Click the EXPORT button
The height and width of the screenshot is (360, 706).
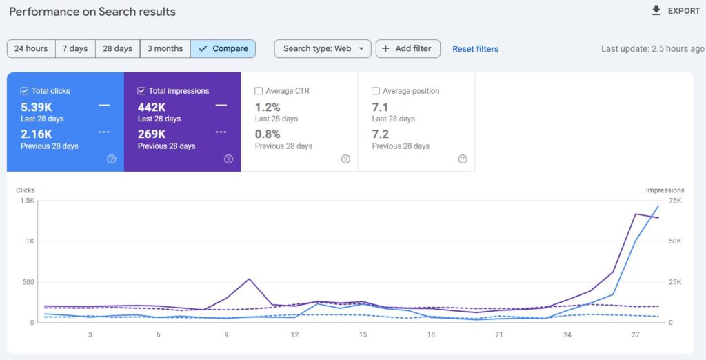(676, 11)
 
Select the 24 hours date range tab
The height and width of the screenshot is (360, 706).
(31, 48)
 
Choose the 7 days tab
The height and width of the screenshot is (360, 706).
(75, 48)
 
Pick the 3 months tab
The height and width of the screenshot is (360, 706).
(165, 48)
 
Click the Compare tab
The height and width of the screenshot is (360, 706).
(223, 48)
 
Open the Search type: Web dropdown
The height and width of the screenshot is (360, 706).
(323, 48)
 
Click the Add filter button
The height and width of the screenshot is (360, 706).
(407, 48)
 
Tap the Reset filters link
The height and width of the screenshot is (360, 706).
(475, 49)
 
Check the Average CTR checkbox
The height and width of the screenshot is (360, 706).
(259, 91)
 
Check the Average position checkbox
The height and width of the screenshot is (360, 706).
(376, 91)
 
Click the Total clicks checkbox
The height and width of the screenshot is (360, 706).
(25, 91)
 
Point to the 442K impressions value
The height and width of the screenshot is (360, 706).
(152, 107)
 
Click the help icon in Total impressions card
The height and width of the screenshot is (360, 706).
(228, 159)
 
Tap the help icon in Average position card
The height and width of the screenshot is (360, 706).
(463, 159)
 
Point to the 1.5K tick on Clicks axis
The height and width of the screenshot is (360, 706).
(27, 201)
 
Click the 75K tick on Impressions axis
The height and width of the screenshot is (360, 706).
(674, 201)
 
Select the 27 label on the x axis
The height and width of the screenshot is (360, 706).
(635, 335)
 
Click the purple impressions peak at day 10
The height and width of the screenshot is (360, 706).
(249, 279)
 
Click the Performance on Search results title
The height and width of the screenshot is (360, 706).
(92, 12)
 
